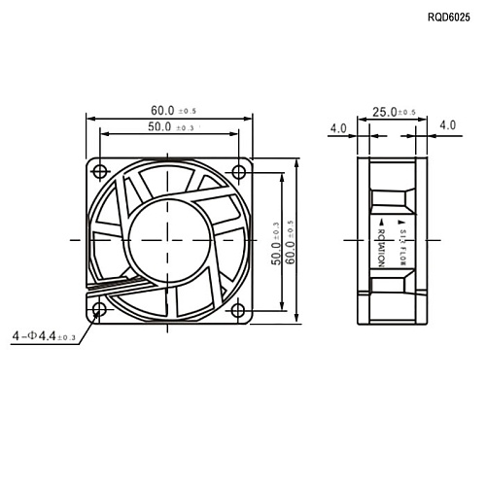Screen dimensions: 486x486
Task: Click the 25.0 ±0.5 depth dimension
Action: coord(394,112)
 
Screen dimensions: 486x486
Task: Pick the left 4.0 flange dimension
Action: coord(338,127)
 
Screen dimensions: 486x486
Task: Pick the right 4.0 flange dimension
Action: coord(448,125)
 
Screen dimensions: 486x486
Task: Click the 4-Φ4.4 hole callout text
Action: coord(43,336)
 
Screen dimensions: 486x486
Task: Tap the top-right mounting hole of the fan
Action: coord(239,172)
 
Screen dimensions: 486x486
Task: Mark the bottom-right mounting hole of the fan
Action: coord(239,310)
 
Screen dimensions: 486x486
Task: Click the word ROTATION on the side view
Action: coord(380,247)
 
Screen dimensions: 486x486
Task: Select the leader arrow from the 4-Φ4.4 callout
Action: coord(86,324)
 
